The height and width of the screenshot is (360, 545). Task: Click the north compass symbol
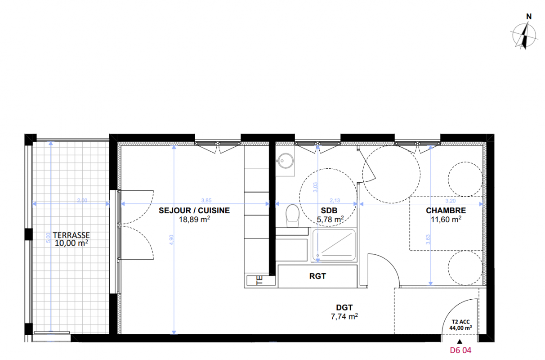point(524,35)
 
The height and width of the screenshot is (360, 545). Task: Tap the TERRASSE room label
point(71,235)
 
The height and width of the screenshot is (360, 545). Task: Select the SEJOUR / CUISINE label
point(194,211)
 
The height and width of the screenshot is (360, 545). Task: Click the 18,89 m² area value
point(194,219)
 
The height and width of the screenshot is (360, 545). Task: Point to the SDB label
point(329,211)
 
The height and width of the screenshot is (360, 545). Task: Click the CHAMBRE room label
point(446,211)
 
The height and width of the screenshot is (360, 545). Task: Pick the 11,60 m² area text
point(446,219)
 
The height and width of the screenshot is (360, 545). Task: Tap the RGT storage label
point(317,276)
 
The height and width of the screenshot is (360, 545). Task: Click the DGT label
point(344,308)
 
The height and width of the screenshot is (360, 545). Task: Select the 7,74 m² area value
point(344,316)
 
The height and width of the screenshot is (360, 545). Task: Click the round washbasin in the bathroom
point(286,161)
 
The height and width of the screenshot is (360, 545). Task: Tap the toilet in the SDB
point(292,216)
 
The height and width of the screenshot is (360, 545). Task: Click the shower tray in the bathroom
point(334,245)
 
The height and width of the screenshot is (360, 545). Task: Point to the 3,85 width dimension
point(206,200)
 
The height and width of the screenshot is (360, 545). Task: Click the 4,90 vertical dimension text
point(171,239)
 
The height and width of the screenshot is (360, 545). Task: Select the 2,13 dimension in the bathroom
point(335,200)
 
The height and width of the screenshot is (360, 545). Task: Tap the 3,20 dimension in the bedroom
point(451,201)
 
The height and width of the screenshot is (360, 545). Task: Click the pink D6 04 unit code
point(460,350)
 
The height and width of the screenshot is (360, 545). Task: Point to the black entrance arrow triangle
point(460,341)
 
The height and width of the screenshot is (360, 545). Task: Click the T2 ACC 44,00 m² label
point(460,325)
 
